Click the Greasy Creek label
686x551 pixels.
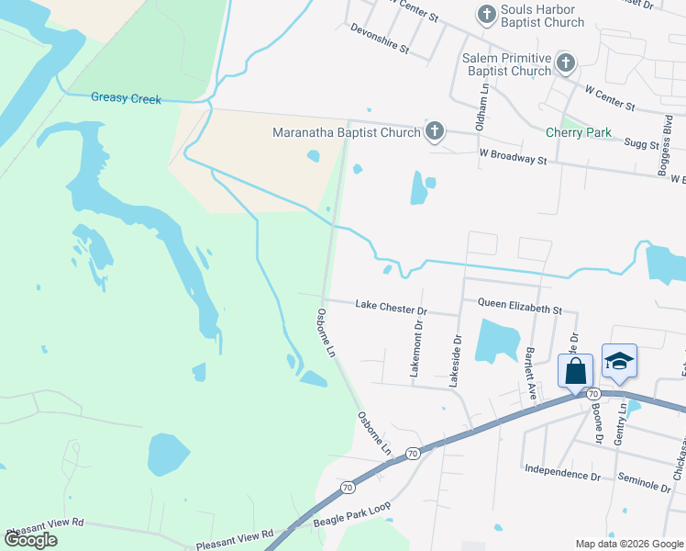coord(126,98)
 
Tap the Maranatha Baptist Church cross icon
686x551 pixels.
coord(435,132)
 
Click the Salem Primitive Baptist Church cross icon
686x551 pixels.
coord(566,63)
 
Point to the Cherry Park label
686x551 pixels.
coord(579,132)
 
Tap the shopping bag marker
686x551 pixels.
coord(575,371)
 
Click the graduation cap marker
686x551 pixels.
coord(619,361)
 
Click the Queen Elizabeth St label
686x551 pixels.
coord(519,306)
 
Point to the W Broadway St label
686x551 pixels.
coord(513,157)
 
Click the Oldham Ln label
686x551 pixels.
coord(482,104)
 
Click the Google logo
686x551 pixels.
coord(30,540)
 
